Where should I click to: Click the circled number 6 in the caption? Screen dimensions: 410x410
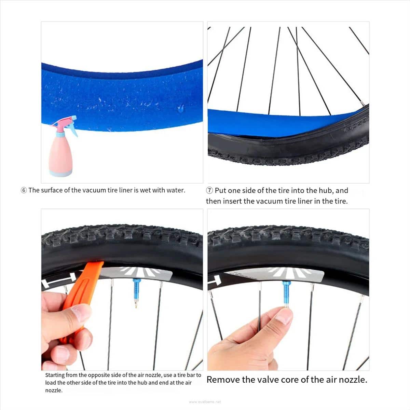[x=24, y=190]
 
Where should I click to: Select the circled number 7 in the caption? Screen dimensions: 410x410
[x=209, y=190]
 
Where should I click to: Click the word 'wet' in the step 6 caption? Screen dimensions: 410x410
[x=145, y=190]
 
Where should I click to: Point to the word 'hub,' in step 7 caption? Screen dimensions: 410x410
[x=326, y=190]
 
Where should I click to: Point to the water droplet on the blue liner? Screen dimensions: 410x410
[x=181, y=109]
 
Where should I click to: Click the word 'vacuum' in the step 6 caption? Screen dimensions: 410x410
[x=94, y=190]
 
